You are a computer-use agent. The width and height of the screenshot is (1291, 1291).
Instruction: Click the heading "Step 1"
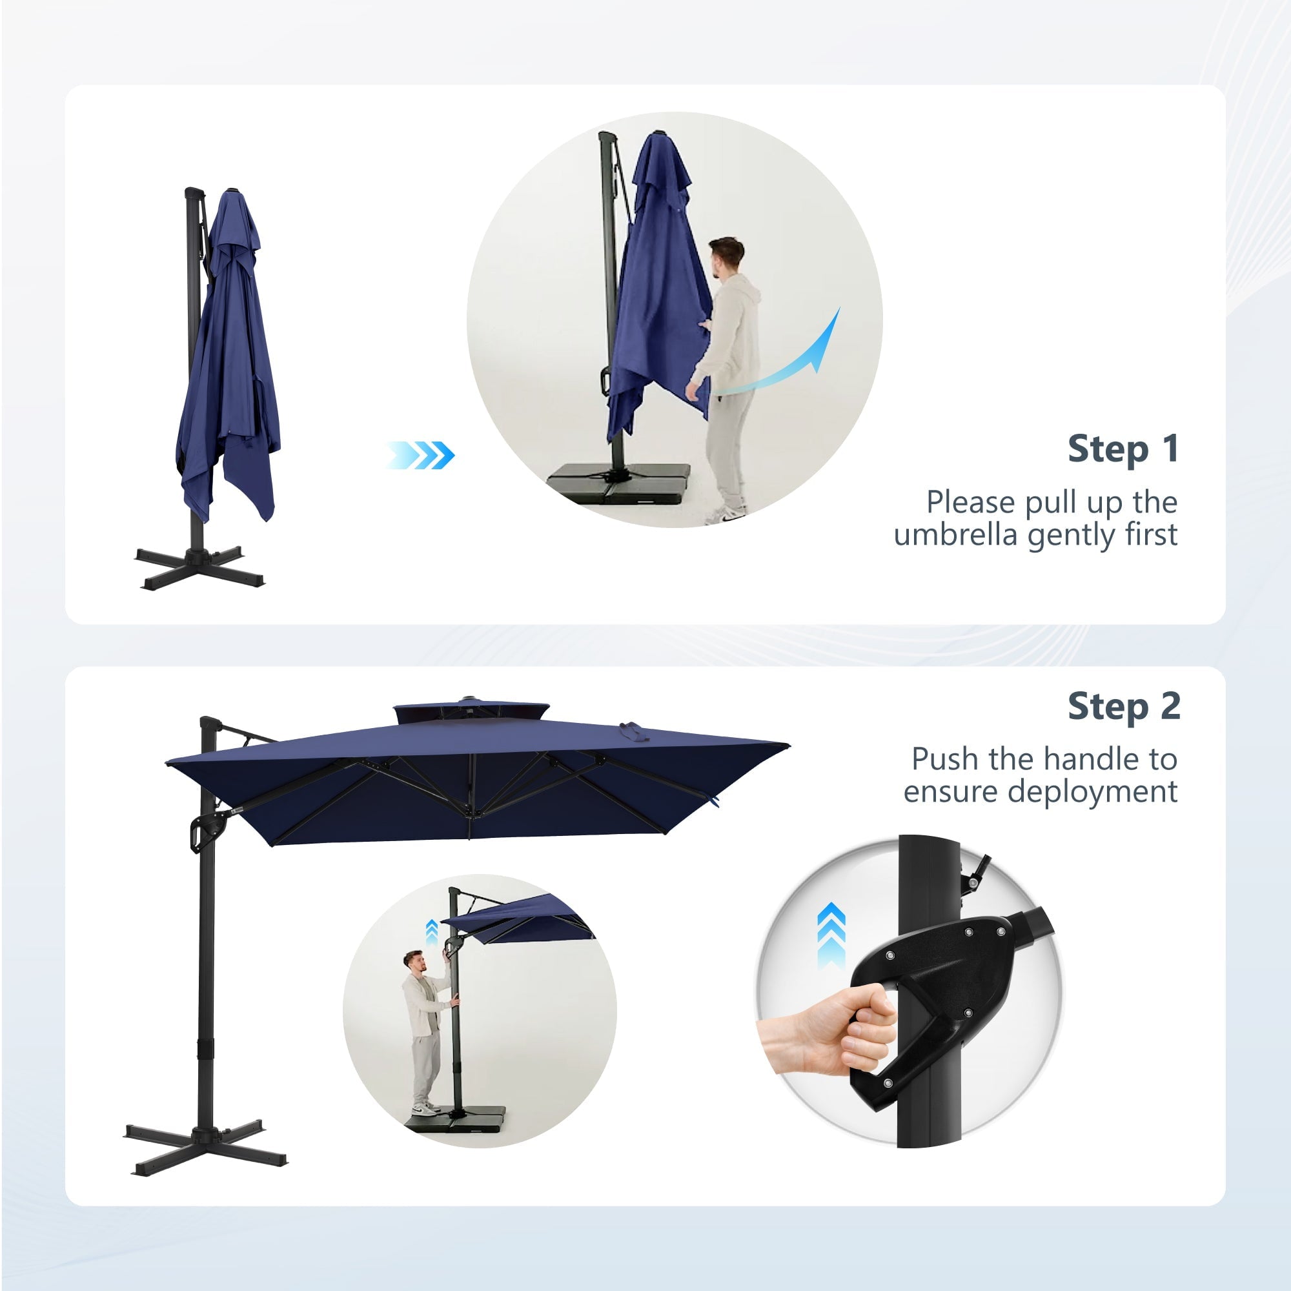pyautogui.click(x=1123, y=449)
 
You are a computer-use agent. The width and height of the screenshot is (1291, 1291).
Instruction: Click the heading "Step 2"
pyautogui.click(x=1124, y=706)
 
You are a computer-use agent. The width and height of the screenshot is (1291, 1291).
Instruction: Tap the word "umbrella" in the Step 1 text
pyautogui.click(x=955, y=534)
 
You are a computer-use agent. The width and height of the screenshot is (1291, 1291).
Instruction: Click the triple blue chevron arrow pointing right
pyautogui.click(x=420, y=455)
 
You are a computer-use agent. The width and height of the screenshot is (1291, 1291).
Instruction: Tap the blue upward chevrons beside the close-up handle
pyautogui.click(x=831, y=935)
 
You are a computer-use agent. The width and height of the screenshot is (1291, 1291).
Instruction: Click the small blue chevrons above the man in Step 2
pyautogui.click(x=432, y=932)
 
